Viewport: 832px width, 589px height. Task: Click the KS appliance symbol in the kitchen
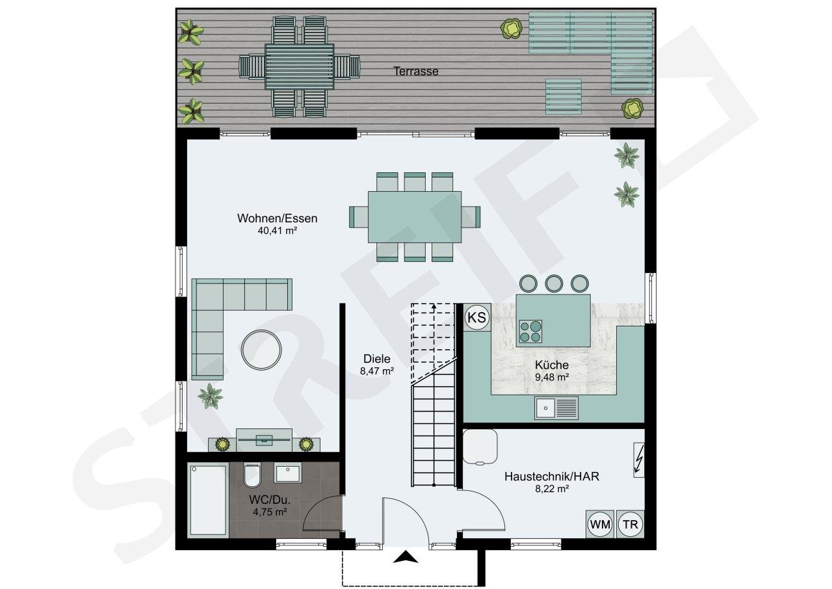pyautogui.click(x=477, y=317)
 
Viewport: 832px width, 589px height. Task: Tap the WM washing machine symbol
pyautogui.click(x=600, y=524)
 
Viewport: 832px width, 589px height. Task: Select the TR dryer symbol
pyautogui.click(x=630, y=524)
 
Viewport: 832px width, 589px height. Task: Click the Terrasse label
pyautogui.click(x=415, y=71)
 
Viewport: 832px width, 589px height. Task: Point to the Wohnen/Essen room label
pyautogui.click(x=277, y=218)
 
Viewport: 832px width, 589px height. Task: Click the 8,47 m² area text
pyautogui.click(x=377, y=371)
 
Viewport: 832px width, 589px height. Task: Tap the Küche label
pyautogui.click(x=552, y=365)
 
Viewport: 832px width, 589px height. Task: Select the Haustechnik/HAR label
pyautogui.click(x=552, y=476)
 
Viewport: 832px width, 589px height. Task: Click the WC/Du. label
pyautogui.click(x=270, y=500)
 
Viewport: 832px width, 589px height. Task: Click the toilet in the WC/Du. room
pyautogui.click(x=252, y=475)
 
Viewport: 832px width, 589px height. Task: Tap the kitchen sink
pyautogui.click(x=556, y=408)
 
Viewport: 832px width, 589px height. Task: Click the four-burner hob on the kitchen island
pyautogui.click(x=530, y=332)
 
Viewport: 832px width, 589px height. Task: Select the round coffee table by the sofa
pyautogui.click(x=261, y=350)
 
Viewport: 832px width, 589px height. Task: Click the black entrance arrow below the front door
pyautogui.click(x=406, y=557)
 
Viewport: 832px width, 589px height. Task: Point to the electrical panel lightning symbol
pyautogui.click(x=638, y=460)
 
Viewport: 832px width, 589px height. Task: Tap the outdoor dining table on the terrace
pyautogui.click(x=300, y=67)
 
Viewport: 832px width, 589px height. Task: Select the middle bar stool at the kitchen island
pyautogui.click(x=554, y=283)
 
